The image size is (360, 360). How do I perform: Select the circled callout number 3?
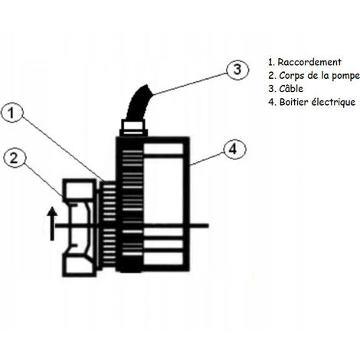click(x=237, y=69)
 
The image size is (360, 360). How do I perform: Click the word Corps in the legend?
click(x=292, y=74)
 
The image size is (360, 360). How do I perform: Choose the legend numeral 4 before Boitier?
click(x=271, y=102)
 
